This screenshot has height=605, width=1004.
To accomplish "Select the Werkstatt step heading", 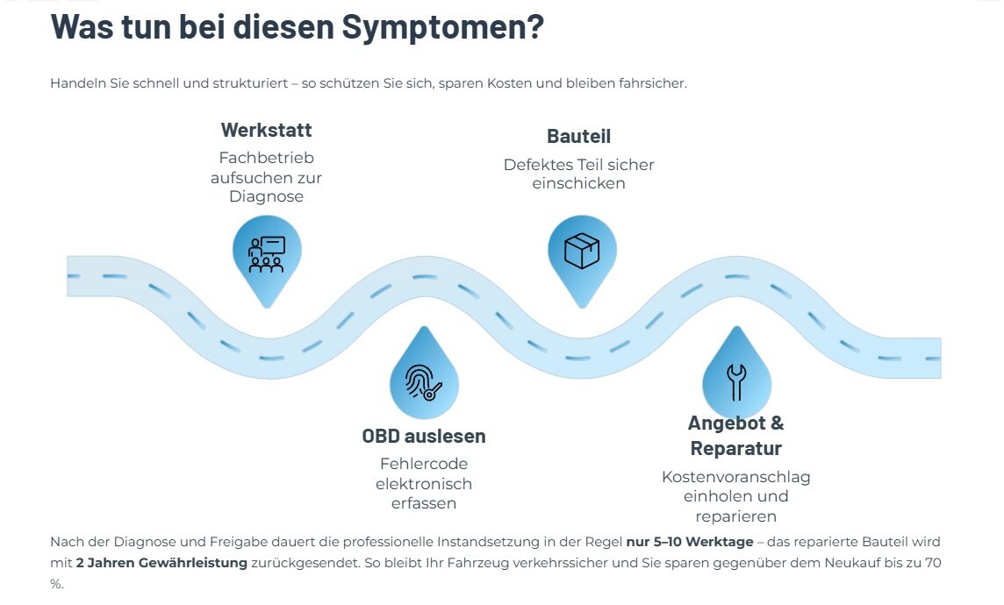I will point(266,131).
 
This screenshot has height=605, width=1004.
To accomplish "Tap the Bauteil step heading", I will point(578,137).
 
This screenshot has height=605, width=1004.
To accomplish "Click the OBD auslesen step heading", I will point(424,436).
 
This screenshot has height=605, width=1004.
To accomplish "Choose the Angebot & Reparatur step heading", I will point(735,436).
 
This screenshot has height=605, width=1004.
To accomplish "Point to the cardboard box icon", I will point(582,251).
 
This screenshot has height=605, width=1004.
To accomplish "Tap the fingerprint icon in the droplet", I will point(424,381).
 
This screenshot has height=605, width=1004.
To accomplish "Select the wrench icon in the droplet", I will point(735,381).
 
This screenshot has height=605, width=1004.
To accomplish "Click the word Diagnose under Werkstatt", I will point(266,196).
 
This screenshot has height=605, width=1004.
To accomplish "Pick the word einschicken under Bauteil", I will point(578,183).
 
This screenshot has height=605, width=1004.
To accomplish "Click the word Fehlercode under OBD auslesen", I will point(424,464).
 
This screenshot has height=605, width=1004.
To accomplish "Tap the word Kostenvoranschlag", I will point(735,477).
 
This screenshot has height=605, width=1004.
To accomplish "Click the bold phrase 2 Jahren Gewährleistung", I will point(161,563).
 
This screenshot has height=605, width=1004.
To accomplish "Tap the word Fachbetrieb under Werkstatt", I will point(266,158).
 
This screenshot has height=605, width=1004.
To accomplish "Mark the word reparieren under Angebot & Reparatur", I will point(735,516).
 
